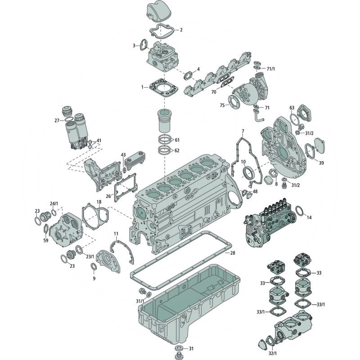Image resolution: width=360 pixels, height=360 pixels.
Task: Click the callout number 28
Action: (233, 253)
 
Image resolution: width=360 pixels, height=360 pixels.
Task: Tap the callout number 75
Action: (222, 105)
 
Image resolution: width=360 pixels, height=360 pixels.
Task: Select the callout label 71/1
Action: (271, 69)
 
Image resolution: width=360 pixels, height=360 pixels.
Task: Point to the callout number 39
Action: (321, 163)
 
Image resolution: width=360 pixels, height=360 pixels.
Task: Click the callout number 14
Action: (309, 217)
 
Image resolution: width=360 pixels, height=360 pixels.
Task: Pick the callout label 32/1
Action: (273, 353)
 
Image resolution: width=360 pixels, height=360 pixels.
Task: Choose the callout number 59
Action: (46, 240)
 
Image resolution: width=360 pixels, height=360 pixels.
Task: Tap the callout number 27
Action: (57, 121)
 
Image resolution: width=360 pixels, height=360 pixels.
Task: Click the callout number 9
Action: (94, 279)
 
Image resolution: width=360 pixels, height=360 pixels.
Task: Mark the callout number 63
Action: (292, 108)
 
